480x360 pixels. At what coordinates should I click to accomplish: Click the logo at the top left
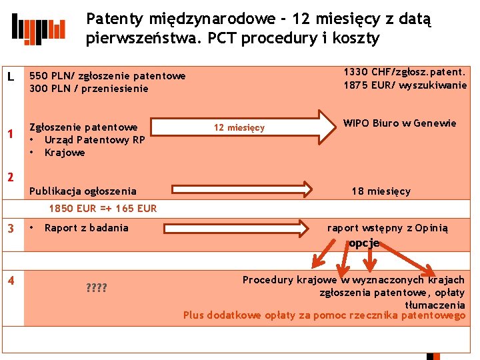pyautogui.click(x=39, y=28)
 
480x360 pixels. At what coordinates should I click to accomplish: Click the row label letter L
pyautogui.click(x=11, y=77)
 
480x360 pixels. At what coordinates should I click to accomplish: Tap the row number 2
pyautogui.click(x=10, y=177)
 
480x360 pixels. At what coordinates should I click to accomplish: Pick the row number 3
pyautogui.click(x=10, y=229)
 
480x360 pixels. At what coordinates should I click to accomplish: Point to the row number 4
pyautogui.click(x=10, y=281)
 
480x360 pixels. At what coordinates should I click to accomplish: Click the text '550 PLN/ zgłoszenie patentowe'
pyautogui.click(x=107, y=76)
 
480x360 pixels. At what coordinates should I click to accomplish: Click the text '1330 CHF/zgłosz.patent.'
pyautogui.click(x=405, y=71)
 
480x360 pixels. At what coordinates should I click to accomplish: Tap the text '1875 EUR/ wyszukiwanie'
pyautogui.click(x=405, y=85)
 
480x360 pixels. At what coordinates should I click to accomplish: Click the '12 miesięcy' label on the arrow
pyautogui.click(x=239, y=127)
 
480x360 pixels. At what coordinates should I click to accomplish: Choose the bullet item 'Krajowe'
pyautogui.click(x=65, y=153)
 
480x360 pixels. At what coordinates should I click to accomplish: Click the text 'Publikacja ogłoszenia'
pyautogui.click(x=83, y=191)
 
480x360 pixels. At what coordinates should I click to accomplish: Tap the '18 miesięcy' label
pyautogui.click(x=381, y=191)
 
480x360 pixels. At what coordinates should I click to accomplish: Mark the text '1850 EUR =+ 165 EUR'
pyautogui.click(x=103, y=209)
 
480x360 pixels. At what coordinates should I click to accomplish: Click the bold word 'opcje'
pyautogui.click(x=363, y=243)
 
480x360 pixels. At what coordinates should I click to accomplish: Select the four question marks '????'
pyautogui.click(x=96, y=288)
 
